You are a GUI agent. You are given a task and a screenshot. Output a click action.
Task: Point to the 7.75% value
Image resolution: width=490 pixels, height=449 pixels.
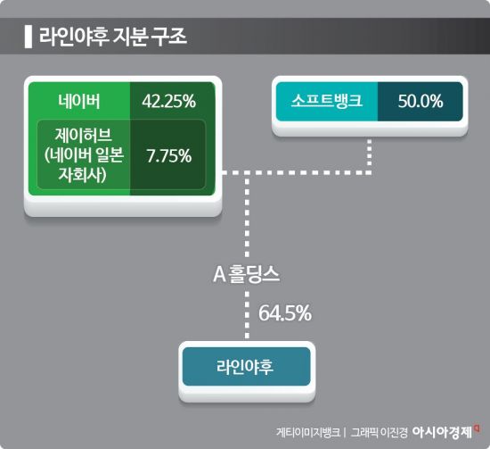tap(169, 155)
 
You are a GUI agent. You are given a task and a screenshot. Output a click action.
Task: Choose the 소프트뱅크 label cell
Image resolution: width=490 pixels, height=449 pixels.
tap(326, 101)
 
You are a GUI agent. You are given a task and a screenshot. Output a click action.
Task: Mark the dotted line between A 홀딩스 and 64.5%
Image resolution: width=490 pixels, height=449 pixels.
tap(245, 313)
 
